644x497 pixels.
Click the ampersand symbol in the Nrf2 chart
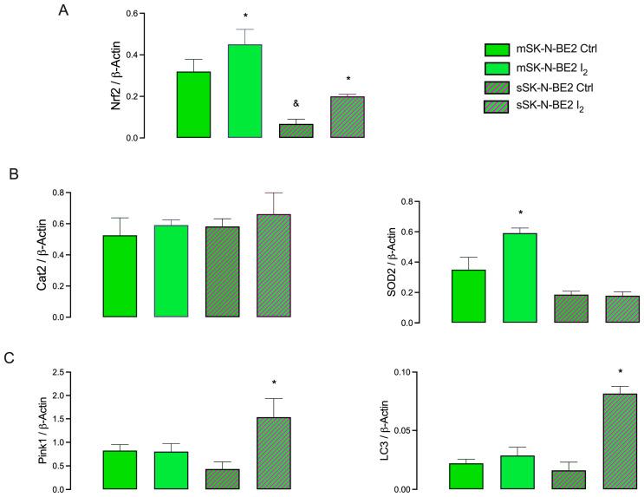pos(296,102)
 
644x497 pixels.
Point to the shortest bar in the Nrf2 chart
pos(296,131)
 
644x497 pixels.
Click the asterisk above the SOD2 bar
pos(520,213)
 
